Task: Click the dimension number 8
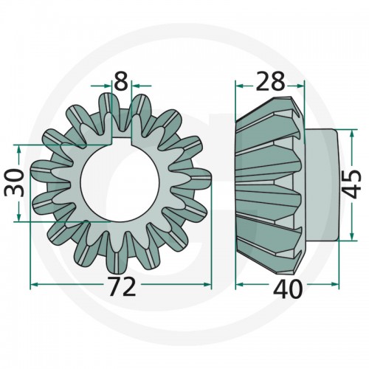point(121,81)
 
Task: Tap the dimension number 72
point(123,286)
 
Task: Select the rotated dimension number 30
point(14,183)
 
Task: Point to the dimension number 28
point(270,81)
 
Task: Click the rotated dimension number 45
point(352,184)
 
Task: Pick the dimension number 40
point(288,289)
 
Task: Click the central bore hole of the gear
point(120,182)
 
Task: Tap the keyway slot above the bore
point(121,137)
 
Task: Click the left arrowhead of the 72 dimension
point(34,285)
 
